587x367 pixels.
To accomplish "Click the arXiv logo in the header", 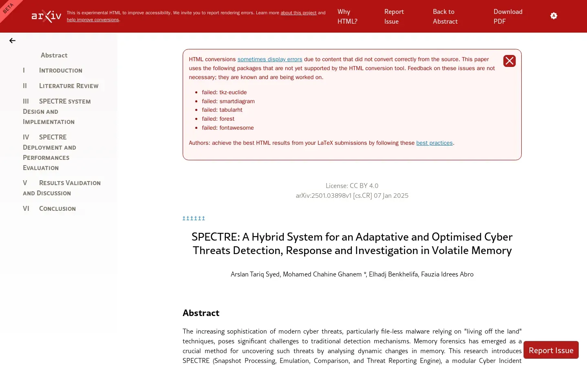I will point(46,16).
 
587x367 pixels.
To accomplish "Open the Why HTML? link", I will point(347,17).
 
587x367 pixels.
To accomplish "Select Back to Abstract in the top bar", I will point(445,17).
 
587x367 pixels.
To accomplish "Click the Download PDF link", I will point(508,17).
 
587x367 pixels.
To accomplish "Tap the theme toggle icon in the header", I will point(554,16).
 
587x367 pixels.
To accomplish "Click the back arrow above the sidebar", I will point(12,41).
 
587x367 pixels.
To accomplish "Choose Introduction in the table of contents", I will point(60,71).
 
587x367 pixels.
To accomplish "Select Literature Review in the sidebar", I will point(68,86).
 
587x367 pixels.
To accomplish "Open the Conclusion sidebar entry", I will point(57,209).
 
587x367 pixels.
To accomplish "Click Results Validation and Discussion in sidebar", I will point(62,188).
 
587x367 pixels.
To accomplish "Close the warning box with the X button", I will point(510,61).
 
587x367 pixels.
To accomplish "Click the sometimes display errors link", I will point(270,60).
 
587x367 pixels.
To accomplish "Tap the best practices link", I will point(434,143).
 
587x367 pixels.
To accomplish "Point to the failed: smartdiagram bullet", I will point(228,102).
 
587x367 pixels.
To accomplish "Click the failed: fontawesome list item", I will point(227,128).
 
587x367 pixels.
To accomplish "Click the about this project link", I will point(298,13).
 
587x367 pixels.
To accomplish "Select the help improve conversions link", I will point(93,20).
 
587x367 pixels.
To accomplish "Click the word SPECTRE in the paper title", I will point(215,237).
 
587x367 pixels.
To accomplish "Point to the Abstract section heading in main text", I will point(201,313).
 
